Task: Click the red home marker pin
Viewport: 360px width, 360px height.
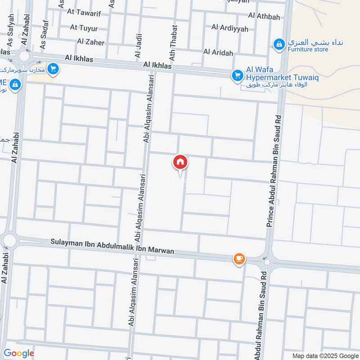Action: tap(180, 162)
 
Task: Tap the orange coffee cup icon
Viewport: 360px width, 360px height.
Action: tap(239, 258)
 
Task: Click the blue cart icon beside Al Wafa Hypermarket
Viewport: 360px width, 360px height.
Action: tap(237, 76)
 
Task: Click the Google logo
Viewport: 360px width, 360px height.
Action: tap(19, 353)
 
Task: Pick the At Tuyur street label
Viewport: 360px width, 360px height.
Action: tap(84, 27)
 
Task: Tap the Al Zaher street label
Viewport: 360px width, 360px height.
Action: tap(90, 42)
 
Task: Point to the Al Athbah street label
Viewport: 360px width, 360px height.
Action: tap(264, 17)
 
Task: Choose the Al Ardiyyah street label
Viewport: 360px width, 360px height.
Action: tap(229, 28)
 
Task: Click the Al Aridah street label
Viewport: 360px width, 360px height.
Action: tap(218, 53)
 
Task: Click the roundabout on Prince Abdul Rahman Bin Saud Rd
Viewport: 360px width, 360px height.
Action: tap(267, 261)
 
